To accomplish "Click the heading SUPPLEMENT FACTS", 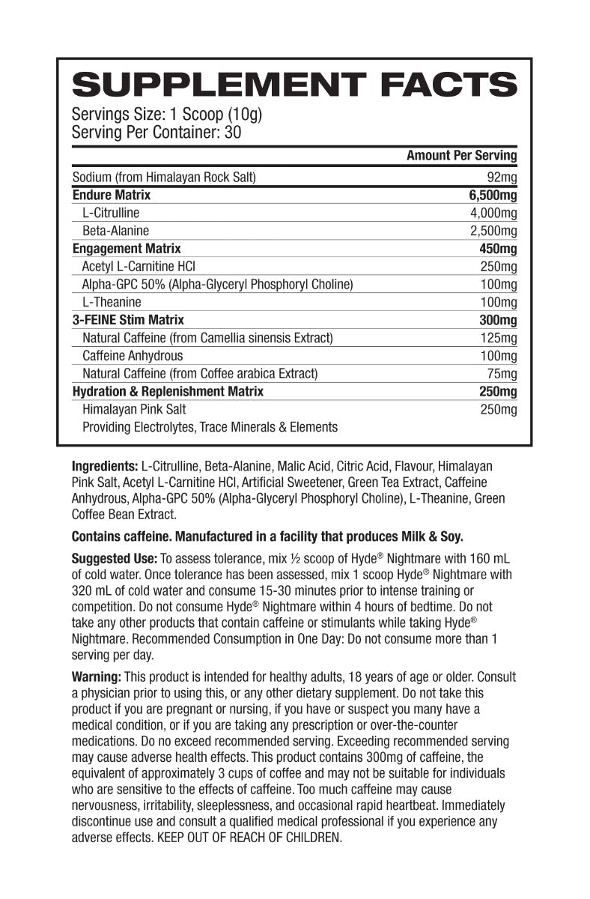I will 294,85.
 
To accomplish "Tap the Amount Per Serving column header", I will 461,156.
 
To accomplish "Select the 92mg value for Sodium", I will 502,178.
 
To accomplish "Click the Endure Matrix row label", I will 112,195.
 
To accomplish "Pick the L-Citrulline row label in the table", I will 111,213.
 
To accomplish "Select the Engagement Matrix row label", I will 127,248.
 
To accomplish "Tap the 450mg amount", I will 498,248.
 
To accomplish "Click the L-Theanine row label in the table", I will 112,302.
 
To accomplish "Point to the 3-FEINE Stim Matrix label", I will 128,320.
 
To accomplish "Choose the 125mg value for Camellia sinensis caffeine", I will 499,338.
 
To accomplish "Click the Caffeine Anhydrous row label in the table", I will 133,356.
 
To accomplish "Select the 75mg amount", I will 502,374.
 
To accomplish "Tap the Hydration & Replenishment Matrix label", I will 168,391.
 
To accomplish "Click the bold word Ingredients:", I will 105,465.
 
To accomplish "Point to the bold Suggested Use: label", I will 114,559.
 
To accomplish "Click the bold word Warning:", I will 97,676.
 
